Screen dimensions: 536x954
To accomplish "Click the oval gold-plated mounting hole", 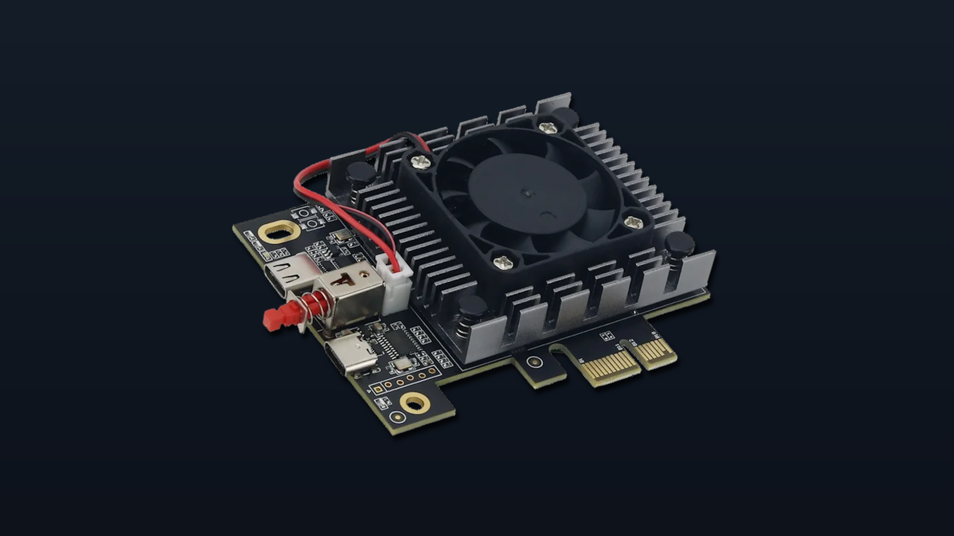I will [x=280, y=232].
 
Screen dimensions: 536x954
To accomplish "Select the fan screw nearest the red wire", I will [x=421, y=161].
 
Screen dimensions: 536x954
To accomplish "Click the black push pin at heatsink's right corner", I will [x=679, y=244].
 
